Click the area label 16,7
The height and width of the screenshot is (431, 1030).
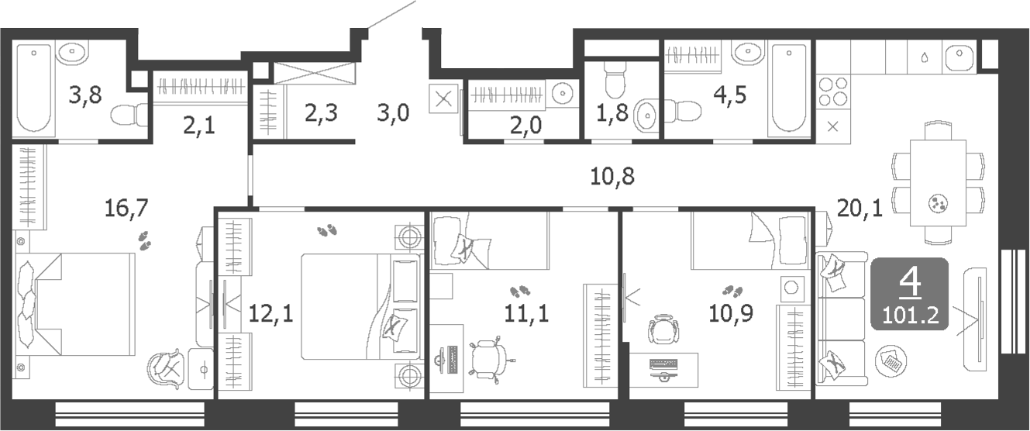coord(126,207)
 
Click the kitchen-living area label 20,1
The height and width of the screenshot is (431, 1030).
coord(859,207)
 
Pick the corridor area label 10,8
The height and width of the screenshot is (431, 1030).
coord(612,177)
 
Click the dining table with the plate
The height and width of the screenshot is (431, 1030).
coord(938,181)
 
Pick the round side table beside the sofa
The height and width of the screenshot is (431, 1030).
coord(890,360)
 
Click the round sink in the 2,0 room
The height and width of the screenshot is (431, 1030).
coord(563,94)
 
